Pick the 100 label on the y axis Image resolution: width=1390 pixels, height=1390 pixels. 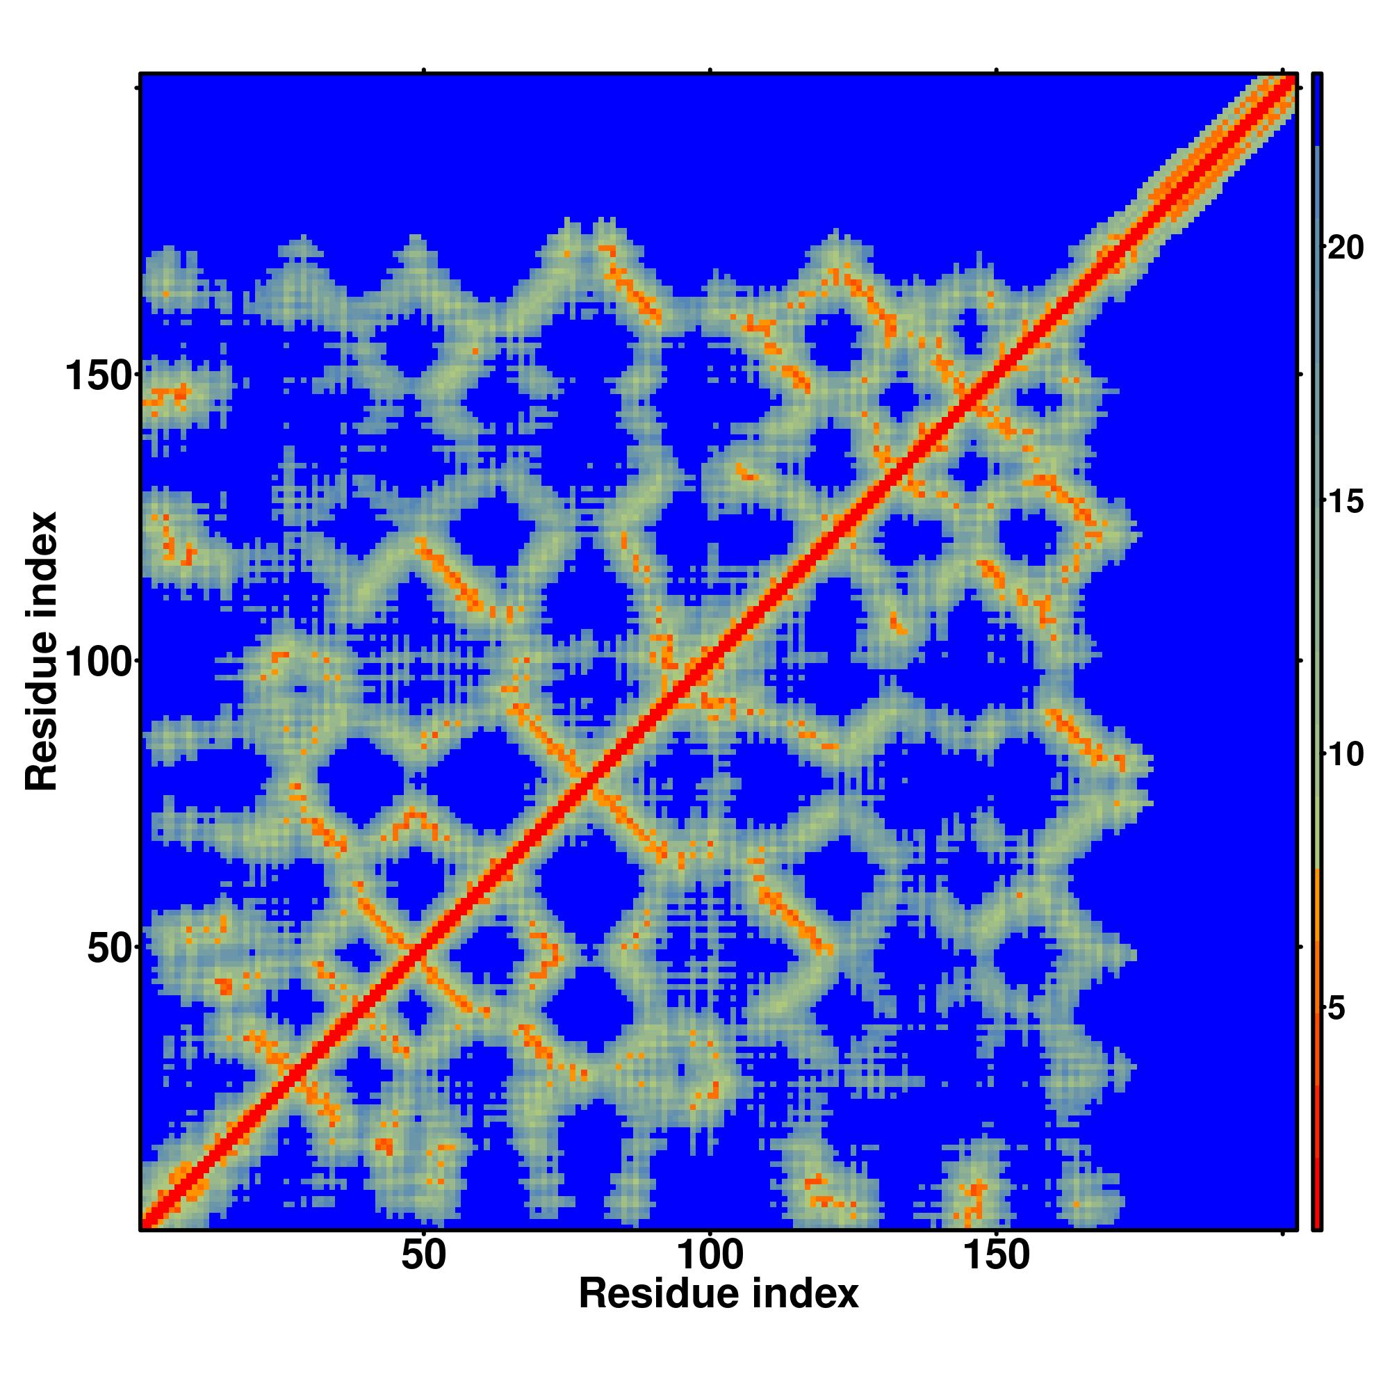pyautogui.click(x=100, y=662)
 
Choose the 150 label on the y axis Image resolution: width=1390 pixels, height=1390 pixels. pyautogui.click(x=100, y=376)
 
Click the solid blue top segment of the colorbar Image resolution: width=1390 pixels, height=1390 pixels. pyautogui.click(x=1316, y=108)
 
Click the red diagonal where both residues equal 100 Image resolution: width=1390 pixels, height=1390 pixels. pyautogui.click(x=710, y=660)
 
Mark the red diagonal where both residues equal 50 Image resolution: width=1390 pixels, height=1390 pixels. pyautogui.click(x=424, y=947)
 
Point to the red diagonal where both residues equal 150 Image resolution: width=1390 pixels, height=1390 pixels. pyautogui.click(x=997, y=374)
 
